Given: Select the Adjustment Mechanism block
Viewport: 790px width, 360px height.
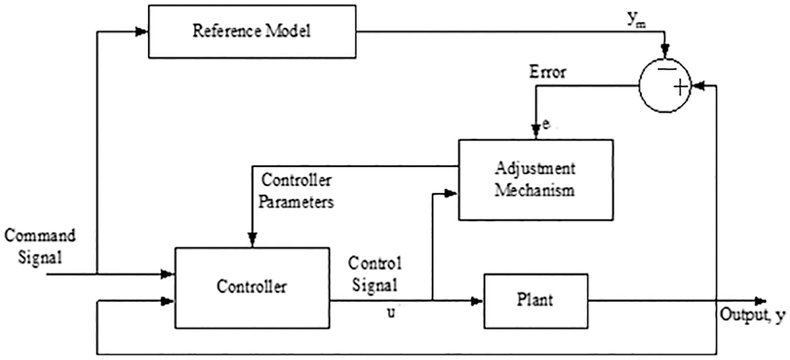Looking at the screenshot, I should click(535, 179).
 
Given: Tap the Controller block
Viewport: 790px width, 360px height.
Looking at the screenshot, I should click(252, 287).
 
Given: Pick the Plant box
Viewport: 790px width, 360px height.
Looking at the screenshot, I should click(535, 300).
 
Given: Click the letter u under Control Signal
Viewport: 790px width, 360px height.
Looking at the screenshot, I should click(391, 312).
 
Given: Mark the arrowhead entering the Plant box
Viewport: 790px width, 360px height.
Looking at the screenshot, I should click(477, 300).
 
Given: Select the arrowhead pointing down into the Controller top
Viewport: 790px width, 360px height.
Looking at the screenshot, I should click(252, 240).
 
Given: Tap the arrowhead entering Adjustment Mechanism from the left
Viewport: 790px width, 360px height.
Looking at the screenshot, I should click(452, 194).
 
